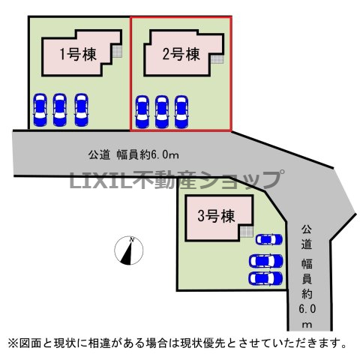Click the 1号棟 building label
pos(78,54)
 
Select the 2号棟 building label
pos(181,54)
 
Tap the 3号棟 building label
pos(217,216)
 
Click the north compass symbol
pos(129,250)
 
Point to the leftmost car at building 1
pos(40,109)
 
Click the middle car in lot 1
pos(60,109)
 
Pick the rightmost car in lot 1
pos(81,109)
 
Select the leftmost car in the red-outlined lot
pos(142,112)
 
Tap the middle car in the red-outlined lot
pos(162,112)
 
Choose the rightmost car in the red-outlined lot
pos(181,112)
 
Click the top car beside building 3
pos(269,239)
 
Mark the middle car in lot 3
pos(265,261)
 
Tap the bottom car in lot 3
pos(265,278)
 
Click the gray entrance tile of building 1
pos(117,52)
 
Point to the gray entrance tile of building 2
pos(217,59)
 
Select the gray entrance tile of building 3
pos(247,231)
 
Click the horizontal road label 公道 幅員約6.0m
pos(133,155)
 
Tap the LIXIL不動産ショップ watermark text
pos(177,179)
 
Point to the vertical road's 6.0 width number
pos(307,309)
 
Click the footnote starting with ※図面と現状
pos(177,343)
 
